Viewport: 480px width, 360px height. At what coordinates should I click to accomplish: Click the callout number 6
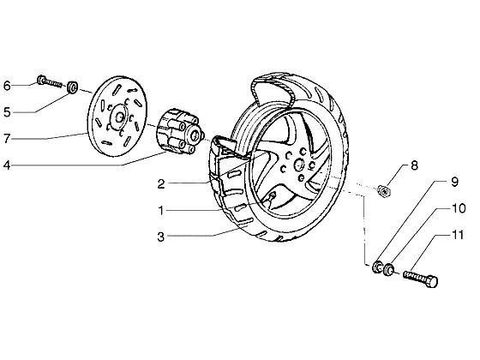click(7, 86)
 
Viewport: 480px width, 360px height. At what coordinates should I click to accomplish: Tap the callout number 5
click(7, 112)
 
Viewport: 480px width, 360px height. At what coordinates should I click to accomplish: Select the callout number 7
click(7, 139)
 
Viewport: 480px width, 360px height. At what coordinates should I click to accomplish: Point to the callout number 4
click(7, 165)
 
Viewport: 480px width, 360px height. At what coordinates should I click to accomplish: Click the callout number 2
click(161, 184)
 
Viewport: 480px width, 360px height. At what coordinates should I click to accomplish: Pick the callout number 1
click(161, 211)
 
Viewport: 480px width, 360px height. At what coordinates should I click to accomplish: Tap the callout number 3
click(161, 237)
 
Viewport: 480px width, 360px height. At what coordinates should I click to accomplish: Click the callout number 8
click(414, 165)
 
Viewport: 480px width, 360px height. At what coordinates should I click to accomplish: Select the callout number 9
click(455, 182)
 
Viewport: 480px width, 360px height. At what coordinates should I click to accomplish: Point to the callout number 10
click(459, 208)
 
